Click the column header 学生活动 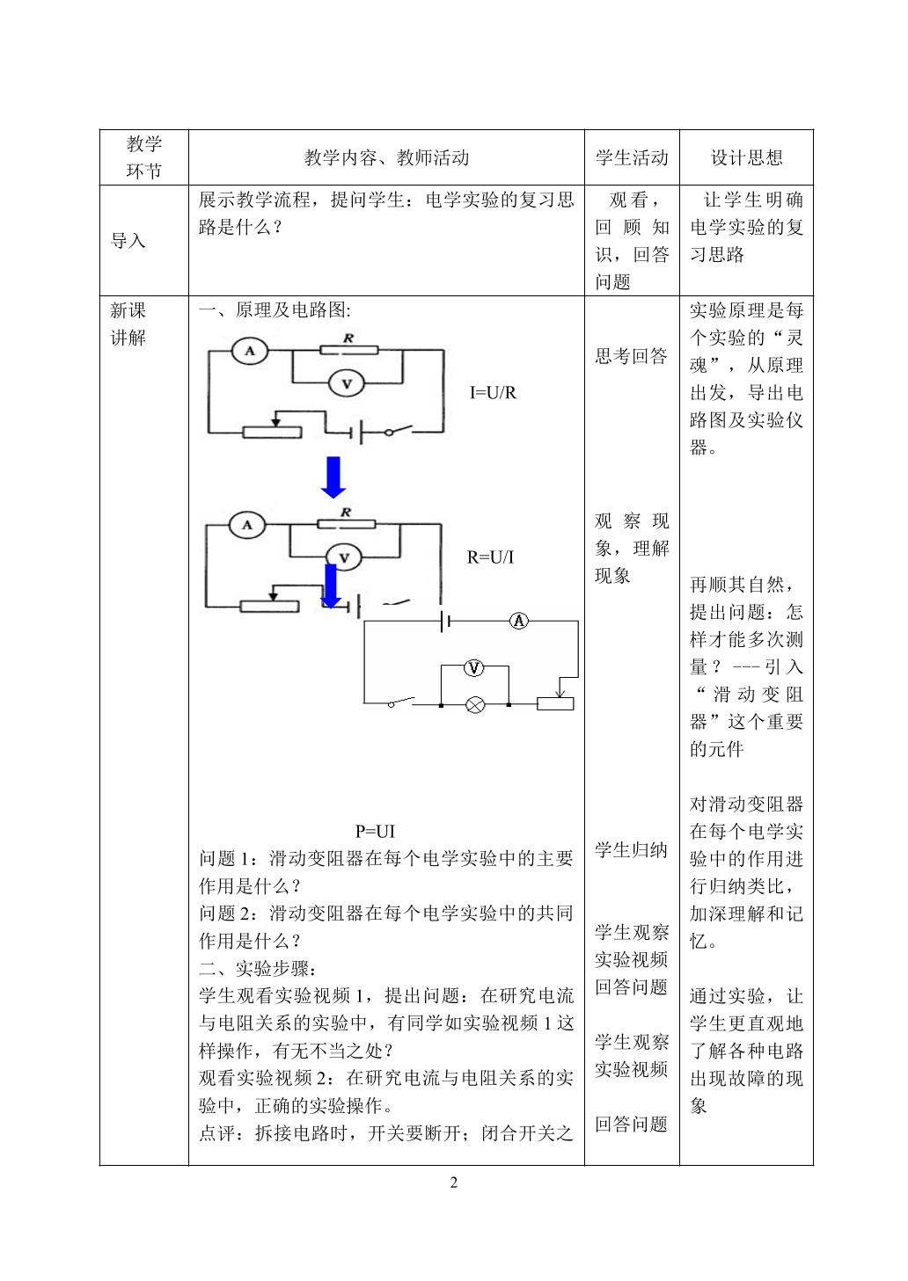(x=632, y=157)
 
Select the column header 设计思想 (x=747, y=157)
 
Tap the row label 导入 (x=128, y=240)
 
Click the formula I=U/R (x=493, y=392)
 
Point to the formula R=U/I (x=490, y=557)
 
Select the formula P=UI (x=375, y=831)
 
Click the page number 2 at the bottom (x=454, y=1182)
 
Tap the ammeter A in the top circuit (x=250, y=351)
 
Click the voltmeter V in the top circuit (x=347, y=383)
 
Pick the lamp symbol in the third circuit (x=475, y=704)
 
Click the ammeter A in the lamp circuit (x=518, y=621)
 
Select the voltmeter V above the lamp (x=473, y=666)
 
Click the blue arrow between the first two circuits (x=333, y=477)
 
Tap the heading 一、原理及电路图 (x=275, y=310)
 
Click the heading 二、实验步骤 (x=258, y=968)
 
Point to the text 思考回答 (x=631, y=356)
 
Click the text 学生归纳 (x=631, y=849)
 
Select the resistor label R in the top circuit (x=348, y=338)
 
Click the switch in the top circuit (x=398, y=430)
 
